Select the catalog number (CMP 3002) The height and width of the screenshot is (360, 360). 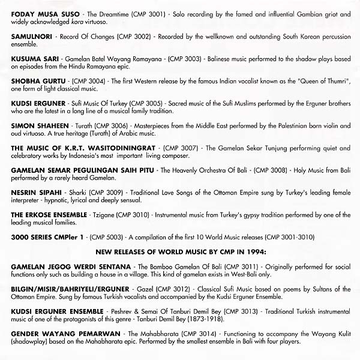127,36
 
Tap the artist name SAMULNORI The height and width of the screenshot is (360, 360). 31,36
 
